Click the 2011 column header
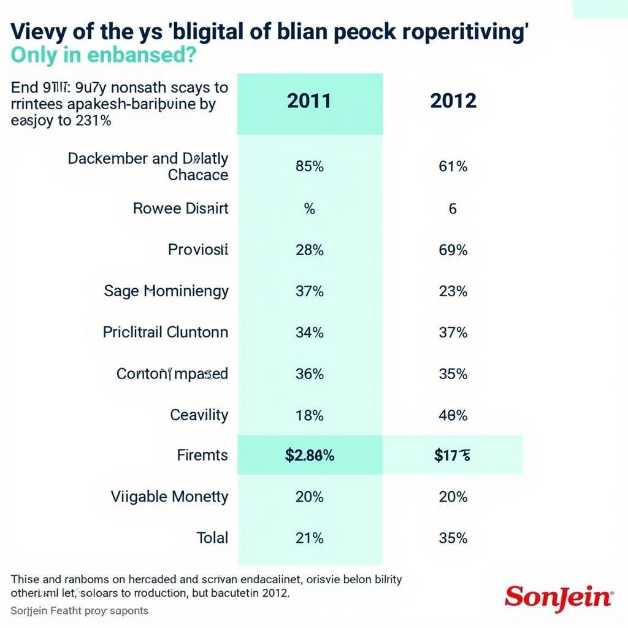click(309, 101)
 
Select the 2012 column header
click(453, 101)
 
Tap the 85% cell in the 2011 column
click(309, 166)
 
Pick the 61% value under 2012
click(453, 166)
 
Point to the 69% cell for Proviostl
click(453, 250)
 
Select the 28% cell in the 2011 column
click(309, 250)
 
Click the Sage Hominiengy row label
click(166, 291)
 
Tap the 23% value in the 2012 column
click(453, 291)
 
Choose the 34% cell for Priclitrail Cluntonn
click(309, 332)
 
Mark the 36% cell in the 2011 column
click(309, 373)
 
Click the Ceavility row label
click(199, 415)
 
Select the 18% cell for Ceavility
click(309, 415)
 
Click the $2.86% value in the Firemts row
click(309, 456)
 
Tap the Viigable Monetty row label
click(169, 497)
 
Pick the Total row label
click(212, 538)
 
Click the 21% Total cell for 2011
click(309, 538)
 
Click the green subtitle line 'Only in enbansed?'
click(102, 54)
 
